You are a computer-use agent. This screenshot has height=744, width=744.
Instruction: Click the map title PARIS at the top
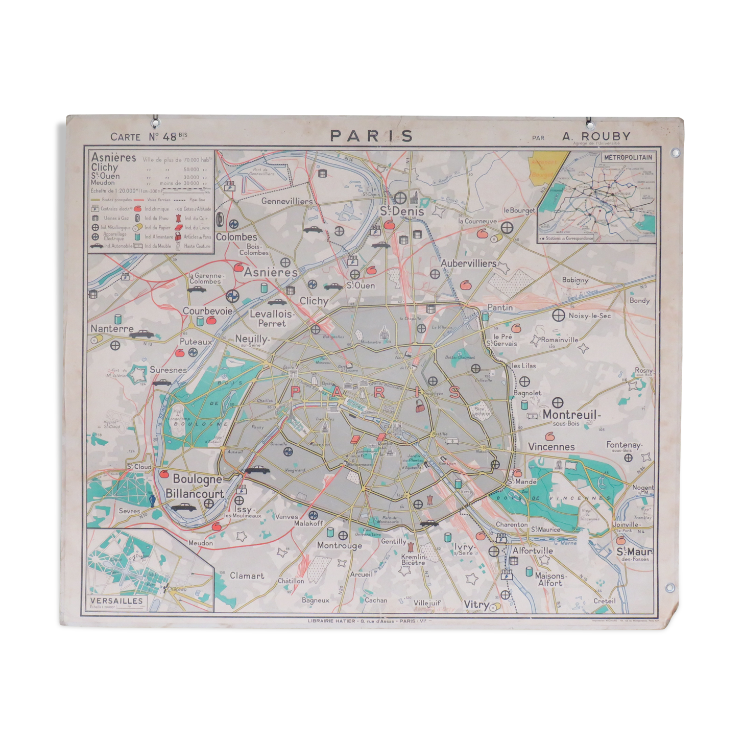pos(371,136)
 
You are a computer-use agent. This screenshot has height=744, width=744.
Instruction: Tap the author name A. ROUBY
pos(596,136)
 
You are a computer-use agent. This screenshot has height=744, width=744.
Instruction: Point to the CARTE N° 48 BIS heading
pos(149,136)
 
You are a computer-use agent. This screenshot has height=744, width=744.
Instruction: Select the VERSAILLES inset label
pos(116,601)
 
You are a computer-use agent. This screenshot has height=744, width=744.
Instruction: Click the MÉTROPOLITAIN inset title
pos(628,157)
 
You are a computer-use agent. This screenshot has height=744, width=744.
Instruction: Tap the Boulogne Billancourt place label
pos(196,486)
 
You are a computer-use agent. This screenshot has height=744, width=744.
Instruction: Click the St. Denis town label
pos(401,211)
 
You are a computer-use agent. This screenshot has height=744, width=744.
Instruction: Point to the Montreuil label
pos(571,415)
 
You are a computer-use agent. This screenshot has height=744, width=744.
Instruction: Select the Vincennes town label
pos(551,446)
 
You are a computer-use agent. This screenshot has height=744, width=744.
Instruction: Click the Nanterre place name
pos(112,328)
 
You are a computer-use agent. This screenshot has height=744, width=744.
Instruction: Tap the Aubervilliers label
pos(468,263)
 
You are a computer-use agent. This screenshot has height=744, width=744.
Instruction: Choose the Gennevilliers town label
pos(286,201)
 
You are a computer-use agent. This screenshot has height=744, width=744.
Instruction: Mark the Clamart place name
pos(247,575)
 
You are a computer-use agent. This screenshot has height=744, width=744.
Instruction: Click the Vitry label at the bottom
pos(476,605)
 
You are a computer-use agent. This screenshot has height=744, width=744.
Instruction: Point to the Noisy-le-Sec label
pos(589,316)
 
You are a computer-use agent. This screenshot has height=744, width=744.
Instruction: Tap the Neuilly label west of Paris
pos(252,339)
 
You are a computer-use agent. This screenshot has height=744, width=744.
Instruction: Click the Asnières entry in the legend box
pos(113,157)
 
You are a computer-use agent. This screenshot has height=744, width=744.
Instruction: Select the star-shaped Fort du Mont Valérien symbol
pos(138,374)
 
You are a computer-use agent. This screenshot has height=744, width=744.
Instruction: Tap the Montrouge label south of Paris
pos(339,545)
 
